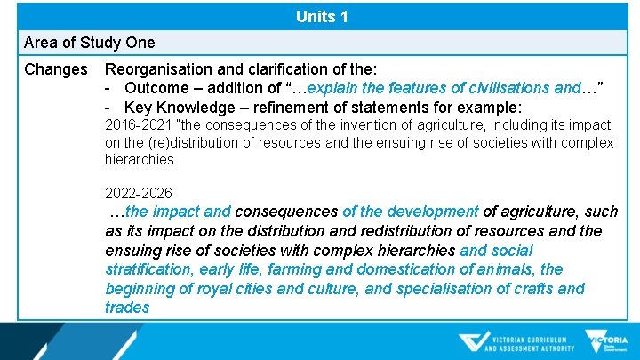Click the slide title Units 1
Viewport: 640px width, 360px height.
tap(321, 17)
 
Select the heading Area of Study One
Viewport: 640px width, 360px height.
tap(89, 43)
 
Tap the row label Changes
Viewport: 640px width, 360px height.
tap(56, 69)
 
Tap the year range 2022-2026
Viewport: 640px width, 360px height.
tap(138, 193)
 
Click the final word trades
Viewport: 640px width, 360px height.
tap(127, 308)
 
